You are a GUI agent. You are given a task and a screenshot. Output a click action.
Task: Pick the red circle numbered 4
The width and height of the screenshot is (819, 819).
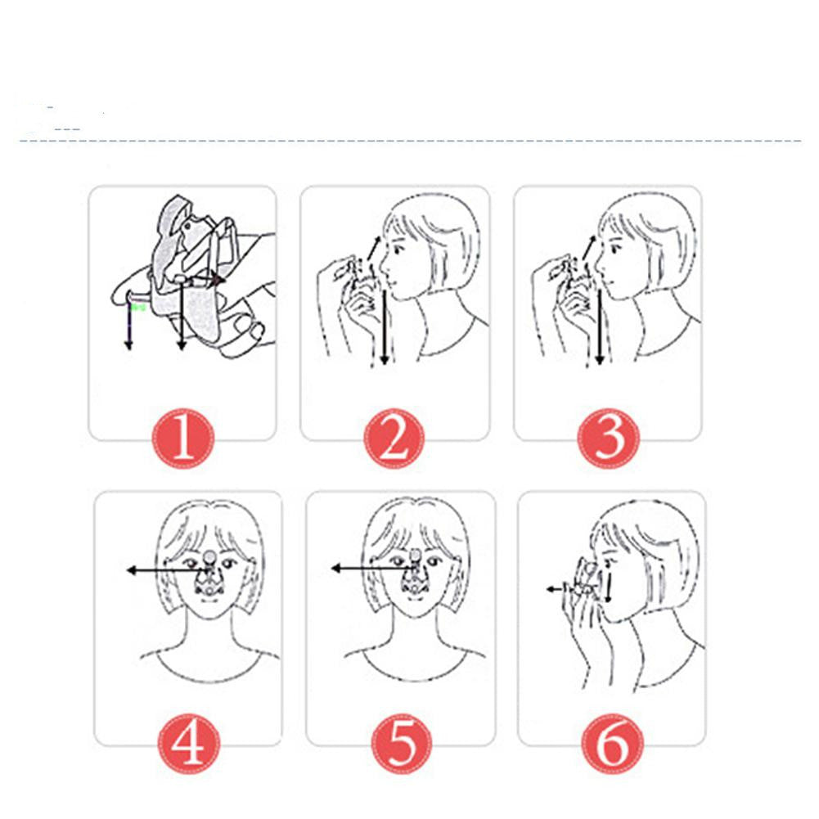coord(189,744)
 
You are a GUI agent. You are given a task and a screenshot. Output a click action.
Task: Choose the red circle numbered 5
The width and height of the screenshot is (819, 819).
coord(401,744)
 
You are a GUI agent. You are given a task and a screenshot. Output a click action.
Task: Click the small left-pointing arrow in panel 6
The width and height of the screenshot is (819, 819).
coord(550,587)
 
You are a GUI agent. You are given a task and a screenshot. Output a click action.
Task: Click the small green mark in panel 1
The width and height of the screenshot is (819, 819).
coord(139,308)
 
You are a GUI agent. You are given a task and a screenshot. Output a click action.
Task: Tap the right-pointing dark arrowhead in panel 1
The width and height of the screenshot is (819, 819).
coord(218,280)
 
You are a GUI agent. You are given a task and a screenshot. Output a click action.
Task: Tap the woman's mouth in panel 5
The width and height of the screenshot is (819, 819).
coord(416,610)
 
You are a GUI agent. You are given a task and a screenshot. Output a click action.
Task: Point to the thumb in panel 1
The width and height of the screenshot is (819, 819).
coord(245,329)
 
